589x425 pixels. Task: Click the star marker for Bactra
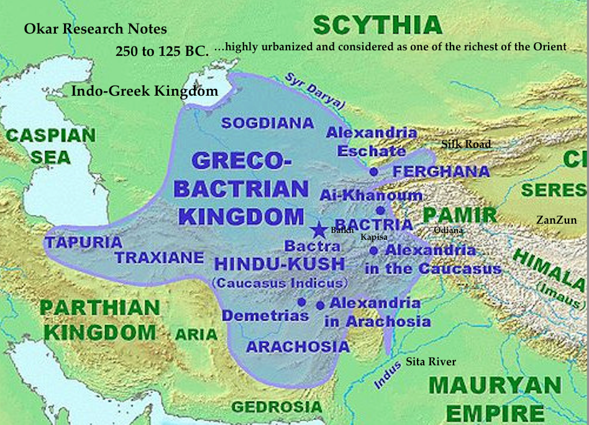(x=319, y=229)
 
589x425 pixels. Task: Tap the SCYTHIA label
(x=377, y=25)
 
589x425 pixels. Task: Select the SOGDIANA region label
(x=268, y=123)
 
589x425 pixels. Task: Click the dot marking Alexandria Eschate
(x=373, y=171)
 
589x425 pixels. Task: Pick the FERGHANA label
(x=432, y=171)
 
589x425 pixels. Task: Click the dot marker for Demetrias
(x=301, y=302)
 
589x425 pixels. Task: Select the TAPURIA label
(x=83, y=243)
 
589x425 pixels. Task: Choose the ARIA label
(x=196, y=335)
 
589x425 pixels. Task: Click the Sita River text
(x=431, y=362)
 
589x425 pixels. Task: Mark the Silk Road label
(x=466, y=144)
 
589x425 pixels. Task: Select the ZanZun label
(x=557, y=220)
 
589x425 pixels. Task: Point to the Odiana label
(x=448, y=231)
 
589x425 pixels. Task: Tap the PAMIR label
(x=460, y=216)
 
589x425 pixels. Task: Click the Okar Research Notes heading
(x=96, y=29)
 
